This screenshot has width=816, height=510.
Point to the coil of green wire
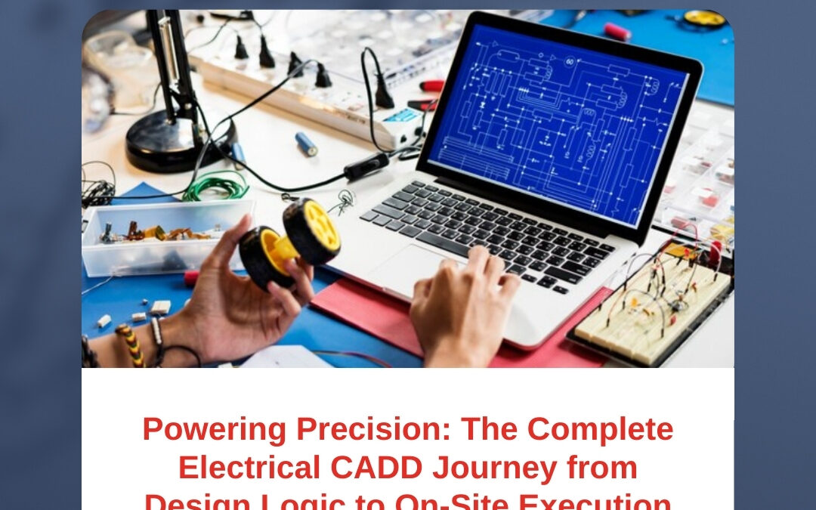coord(215,185)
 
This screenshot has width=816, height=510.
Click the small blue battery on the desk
coord(307,144)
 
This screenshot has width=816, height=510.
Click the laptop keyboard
coord(484,227)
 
